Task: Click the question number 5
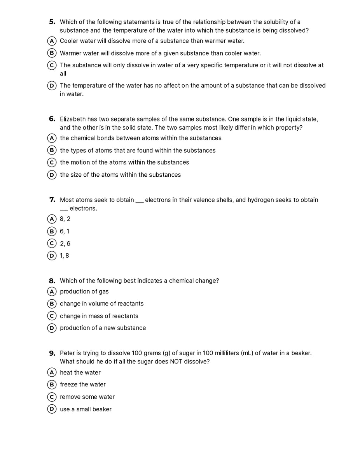[52, 22]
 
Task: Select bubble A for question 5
[52, 41]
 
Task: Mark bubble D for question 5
[52, 86]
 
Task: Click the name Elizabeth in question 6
[73, 119]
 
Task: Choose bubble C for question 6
[52, 163]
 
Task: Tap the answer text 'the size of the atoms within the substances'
[120, 175]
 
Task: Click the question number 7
[52, 200]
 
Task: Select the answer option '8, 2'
[65, 219]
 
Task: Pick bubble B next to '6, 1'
[52, 232]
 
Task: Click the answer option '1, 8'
[65, 256]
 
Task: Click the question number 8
[52, 281]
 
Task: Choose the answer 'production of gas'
[84, 291]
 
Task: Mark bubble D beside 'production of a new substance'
[52, 328]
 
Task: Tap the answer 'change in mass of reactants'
[99, 316]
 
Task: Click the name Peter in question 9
[68, 353]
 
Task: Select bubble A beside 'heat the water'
[52, 373]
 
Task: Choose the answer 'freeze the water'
[82, 384]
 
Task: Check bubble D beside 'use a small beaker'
[52, 409]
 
